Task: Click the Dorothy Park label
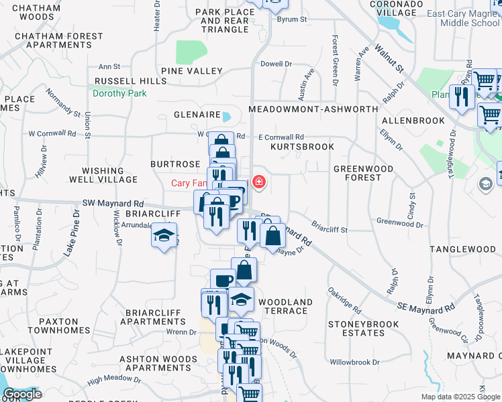pos(119,93)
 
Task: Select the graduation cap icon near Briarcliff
pos(163,236)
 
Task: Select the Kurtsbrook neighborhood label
pos(302,146)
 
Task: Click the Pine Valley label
pos(192,71)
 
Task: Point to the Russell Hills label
pos(130,81)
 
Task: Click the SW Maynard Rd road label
pos(113,203)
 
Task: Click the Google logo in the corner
pos(22,394)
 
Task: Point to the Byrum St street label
pos(293,19)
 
